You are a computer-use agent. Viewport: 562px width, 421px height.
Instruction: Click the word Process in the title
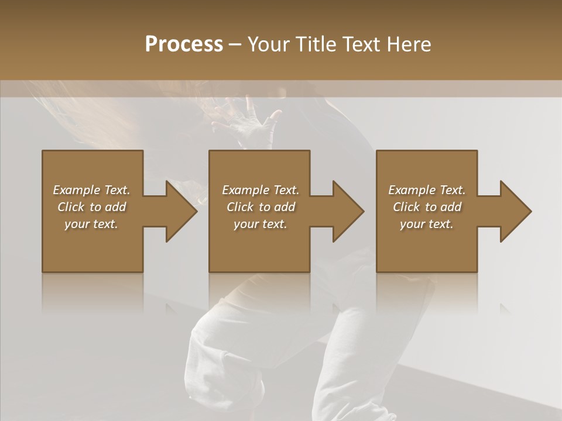[184, 44]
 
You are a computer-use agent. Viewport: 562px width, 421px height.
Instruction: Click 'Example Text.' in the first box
[91, 190]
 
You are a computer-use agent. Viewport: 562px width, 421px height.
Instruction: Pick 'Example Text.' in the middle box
[260, 190]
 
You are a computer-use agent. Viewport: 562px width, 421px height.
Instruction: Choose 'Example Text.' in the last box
[427, 190]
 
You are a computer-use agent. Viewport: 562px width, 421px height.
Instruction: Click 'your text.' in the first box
[91, 224]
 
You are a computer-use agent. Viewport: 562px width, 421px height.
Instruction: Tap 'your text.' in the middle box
[260, 224]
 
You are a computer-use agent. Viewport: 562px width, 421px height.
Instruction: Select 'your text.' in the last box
[427, 224]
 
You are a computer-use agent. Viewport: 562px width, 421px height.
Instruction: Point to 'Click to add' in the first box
[91, 207]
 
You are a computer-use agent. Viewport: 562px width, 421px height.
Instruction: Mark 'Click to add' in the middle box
[260, 207]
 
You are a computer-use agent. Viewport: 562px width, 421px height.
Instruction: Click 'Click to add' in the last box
[427, 207]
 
